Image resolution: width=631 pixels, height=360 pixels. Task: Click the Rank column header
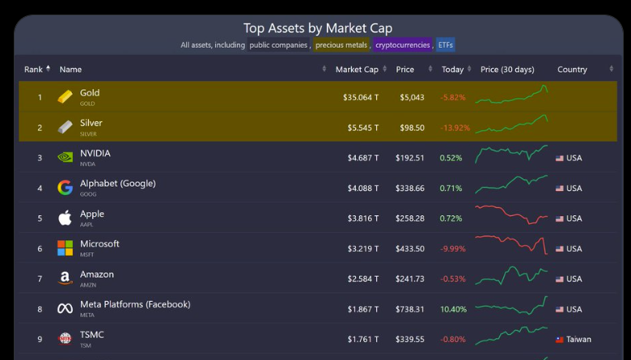pyautogui.click(x=34, y=70)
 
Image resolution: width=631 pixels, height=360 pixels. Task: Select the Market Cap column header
pyautogui.click(x=357, y=70)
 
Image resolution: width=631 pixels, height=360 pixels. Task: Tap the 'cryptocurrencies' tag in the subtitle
pyautogui.click(x=403, y=45)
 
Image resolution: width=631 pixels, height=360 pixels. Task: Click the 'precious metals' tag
pyautogui.click(x=341, y=45)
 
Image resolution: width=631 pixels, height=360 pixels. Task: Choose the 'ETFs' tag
pyautogui.click(x=446, y=45)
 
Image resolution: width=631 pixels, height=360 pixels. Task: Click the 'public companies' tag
pyautogui.click(x=278, y=45)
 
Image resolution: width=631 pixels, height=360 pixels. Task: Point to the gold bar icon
pyautogui.click(x=65, y=97)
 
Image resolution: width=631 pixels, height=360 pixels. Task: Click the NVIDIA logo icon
pyautogui.click(x=65, y=158)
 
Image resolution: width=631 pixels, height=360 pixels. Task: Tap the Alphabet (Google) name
pyautogui.click(x=117, y=184)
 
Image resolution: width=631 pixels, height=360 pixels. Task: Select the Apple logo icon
pyautogui.click(x=65, y=218)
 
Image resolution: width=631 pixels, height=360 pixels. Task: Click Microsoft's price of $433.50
pyautogui.click(x=409, y=249)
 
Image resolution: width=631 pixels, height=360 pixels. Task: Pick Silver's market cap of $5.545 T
pyautogui.click(x=362, y=128)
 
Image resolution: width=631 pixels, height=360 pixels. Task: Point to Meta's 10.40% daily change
pyautogui.click(x=453, y=309)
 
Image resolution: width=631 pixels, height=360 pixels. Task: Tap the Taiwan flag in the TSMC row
pyautogui.click(x=559, y=340)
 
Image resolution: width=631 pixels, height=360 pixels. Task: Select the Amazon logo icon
pyautogui.click(x=65, y=278)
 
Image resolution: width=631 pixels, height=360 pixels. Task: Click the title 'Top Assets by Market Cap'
pyautogui.click(x=318, y=28)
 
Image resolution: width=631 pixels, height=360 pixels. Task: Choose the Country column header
pyautogui.click(x=572, y=70)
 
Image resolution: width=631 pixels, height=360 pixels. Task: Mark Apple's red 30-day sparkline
pyautogui.click(x=511, y=216)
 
